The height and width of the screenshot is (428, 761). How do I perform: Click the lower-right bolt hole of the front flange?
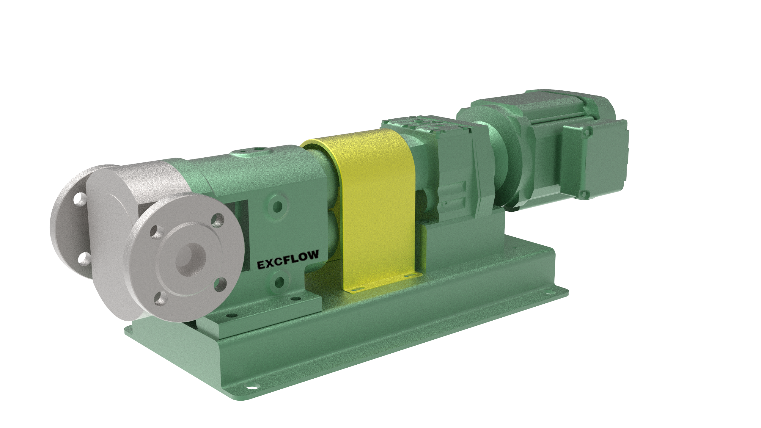220,284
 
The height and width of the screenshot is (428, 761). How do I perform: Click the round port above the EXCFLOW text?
278,205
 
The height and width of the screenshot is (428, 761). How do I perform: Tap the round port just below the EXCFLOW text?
279,282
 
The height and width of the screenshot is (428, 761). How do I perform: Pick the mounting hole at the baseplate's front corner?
251,388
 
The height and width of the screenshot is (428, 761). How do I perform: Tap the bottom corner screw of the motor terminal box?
584,194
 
